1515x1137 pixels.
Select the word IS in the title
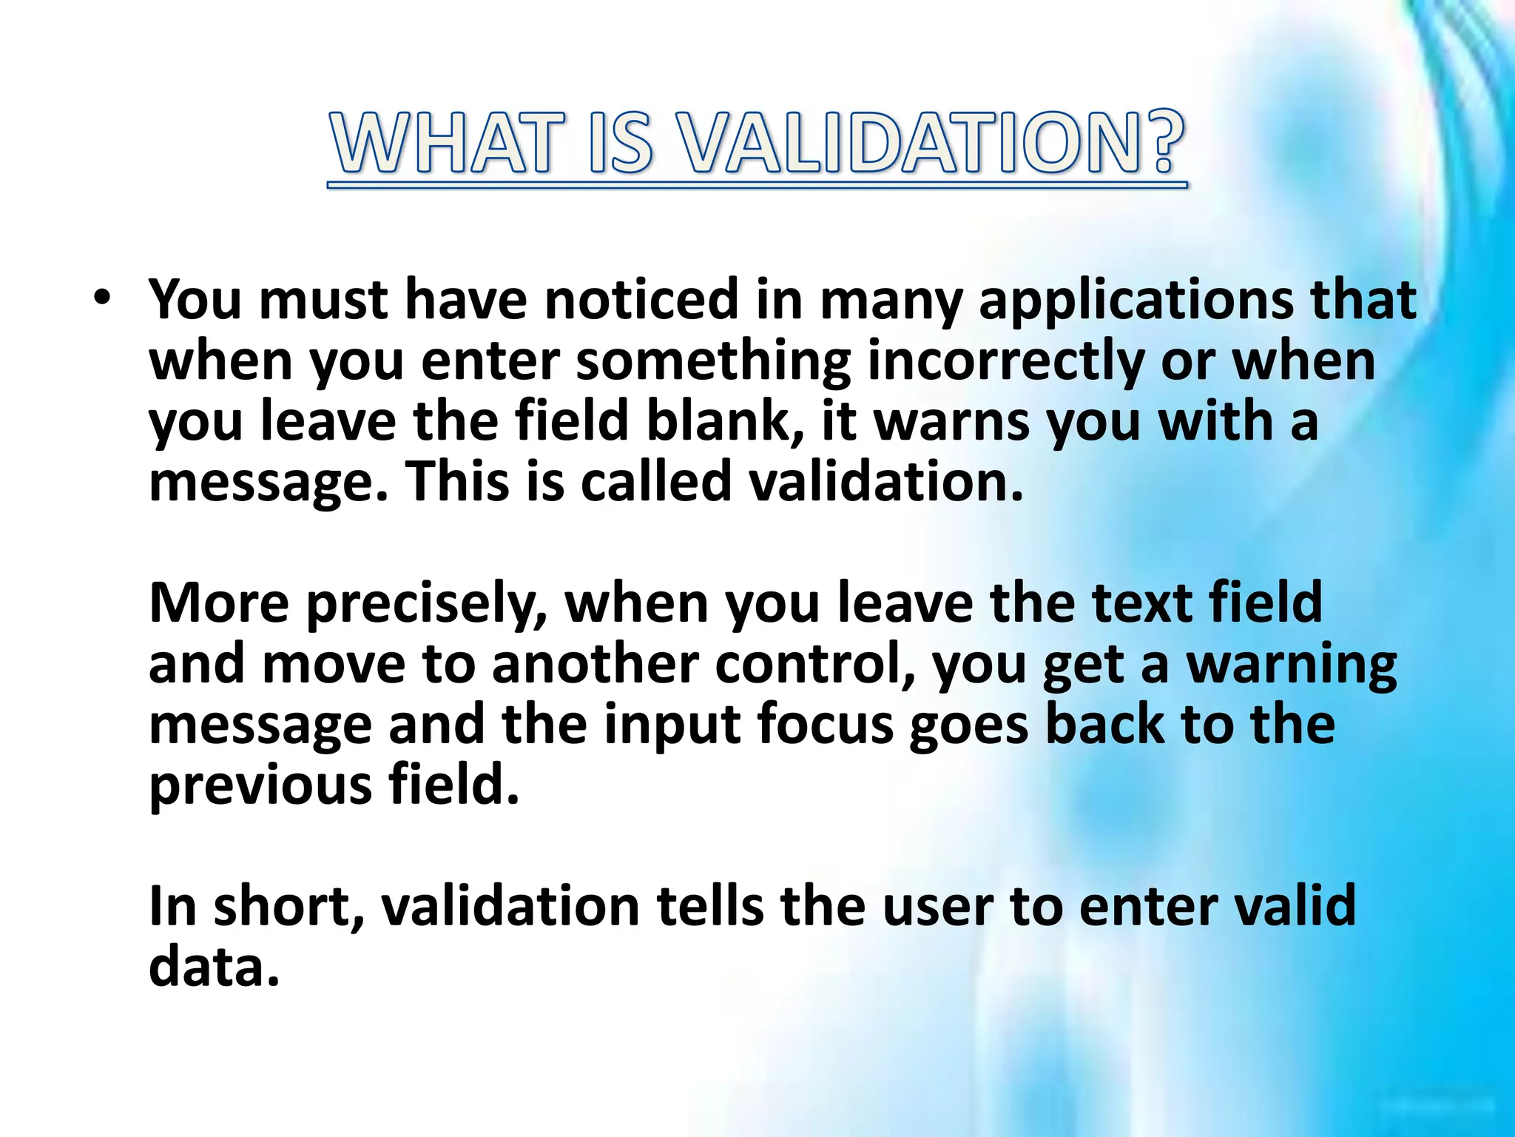[x=623, y=143]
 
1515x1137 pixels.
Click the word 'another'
[x=595, y=664]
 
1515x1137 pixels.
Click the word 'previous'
[x=260, y=785]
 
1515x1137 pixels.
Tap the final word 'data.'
[x=215, y=967]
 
